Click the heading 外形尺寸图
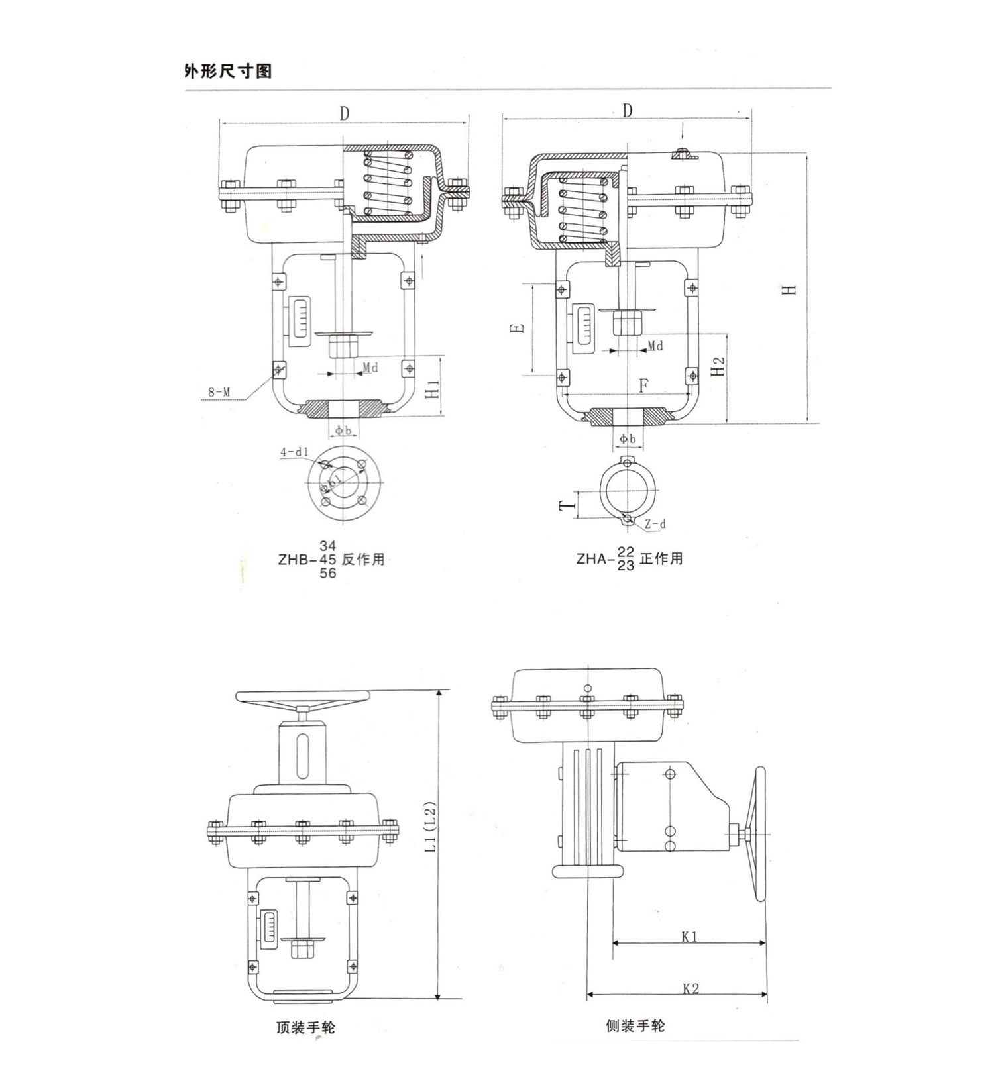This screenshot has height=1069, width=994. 228,71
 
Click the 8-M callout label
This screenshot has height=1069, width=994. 219,392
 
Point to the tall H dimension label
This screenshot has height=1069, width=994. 789,289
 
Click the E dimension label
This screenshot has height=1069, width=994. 520,328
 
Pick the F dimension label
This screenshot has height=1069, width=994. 643,385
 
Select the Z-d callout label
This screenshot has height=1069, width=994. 655,524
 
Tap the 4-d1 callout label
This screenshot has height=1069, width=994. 294,452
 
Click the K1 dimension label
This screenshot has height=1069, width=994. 689,937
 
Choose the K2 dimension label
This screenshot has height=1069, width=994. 690,989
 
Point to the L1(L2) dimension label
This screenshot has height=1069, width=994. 429,827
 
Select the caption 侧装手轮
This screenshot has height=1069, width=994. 635,1026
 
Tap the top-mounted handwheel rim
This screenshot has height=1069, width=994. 302,697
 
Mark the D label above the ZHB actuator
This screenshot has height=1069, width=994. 344,114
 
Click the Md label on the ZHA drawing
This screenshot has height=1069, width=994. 655,346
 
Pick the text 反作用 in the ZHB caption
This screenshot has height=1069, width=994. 363,559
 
